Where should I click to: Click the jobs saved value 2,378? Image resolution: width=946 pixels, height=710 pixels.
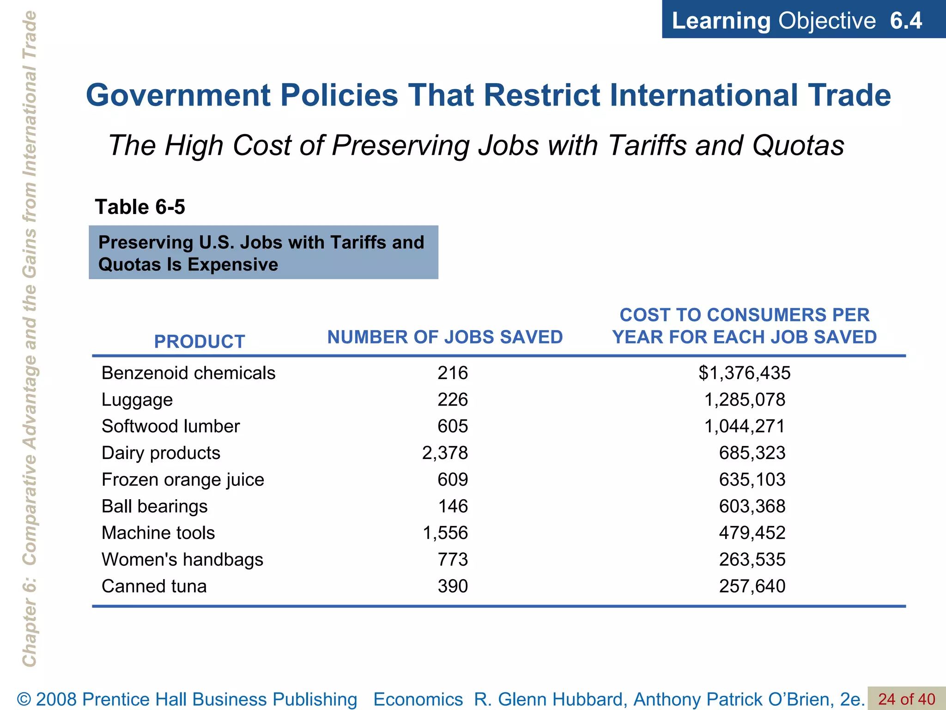[445, 453]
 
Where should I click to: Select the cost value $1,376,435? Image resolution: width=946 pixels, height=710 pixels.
[744, 373]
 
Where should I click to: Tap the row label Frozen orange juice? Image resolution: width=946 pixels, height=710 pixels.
[182, 480]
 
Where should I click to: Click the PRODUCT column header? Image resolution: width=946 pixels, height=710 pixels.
[199, 342]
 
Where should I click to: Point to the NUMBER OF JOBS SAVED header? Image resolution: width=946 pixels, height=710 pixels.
[445, 337]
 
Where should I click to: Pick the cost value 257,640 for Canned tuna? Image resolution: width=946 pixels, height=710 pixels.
[752, 586]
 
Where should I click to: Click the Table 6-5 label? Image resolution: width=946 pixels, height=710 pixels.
[140, 207]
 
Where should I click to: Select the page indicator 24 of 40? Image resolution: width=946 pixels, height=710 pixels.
[906, 699]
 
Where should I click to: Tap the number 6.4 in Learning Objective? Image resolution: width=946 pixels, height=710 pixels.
[906, 21]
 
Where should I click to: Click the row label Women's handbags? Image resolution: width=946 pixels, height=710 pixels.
[182, 560]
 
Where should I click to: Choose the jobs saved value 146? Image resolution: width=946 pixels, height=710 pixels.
[453, 506]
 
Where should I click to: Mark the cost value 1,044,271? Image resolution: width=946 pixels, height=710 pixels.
[744, 426]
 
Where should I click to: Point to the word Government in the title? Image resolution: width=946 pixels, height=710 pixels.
[178, 95]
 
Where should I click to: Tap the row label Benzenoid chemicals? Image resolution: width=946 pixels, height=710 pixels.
[188, 373]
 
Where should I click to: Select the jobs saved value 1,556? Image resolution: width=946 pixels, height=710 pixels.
[445, 533]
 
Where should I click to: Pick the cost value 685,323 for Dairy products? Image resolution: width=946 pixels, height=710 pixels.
[752, 453]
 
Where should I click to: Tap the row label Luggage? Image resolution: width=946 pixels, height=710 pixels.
[137, 400]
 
